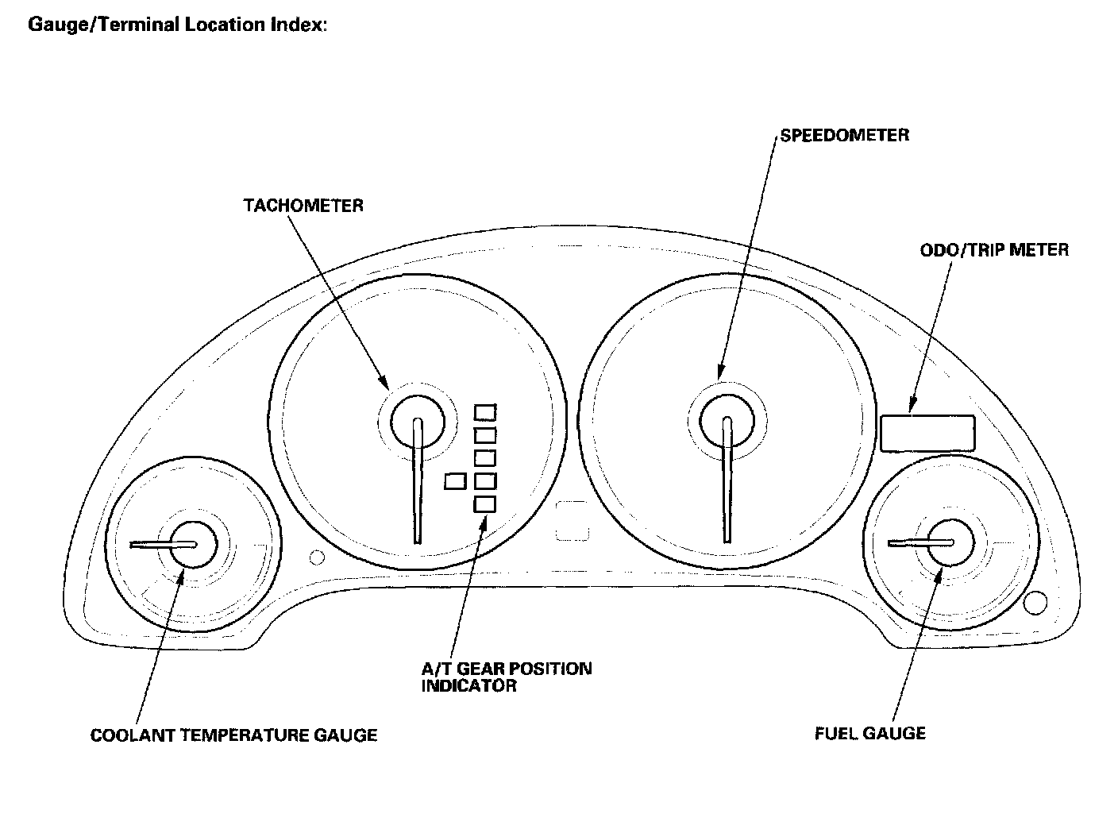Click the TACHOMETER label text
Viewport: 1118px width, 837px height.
(x=303, y=206)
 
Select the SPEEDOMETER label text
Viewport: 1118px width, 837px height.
(x=844, y=135)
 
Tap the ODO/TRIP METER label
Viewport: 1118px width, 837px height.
(x=994, y=250)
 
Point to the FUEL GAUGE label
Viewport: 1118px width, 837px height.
(x=870, y=733)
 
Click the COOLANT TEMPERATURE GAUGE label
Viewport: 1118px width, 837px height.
(x=233, y=735)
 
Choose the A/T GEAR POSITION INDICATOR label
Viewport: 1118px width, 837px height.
(x=506, y=677)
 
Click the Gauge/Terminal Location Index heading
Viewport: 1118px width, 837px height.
(x=177, y=25)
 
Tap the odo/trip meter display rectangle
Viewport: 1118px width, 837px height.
(x=927, y=434)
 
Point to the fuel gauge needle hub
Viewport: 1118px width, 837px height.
(x=946, y=542)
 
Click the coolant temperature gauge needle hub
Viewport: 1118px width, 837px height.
(x=191, y=545)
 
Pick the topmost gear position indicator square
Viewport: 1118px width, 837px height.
(x=484, y=412)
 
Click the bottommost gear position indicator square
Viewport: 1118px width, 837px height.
(x=484, y=503)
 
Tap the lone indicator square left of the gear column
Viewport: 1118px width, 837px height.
(x=455, y=480)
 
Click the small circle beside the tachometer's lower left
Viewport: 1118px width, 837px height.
(x=317, y=557)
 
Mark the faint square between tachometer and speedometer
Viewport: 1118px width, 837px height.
(x=572, y=520)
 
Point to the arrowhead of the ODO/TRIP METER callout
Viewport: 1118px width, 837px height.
(x=912, y=409)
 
